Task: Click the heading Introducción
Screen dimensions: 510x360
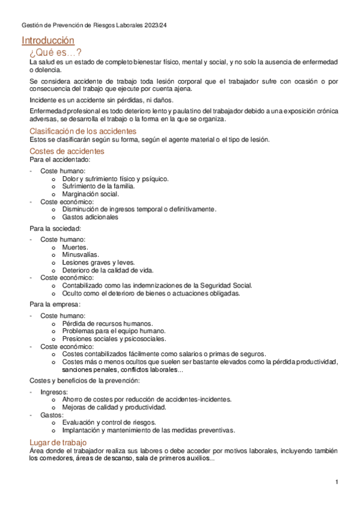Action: pos(47,40)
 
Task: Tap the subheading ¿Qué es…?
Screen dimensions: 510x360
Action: pos(59,52)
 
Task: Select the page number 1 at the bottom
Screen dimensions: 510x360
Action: pos(337,482)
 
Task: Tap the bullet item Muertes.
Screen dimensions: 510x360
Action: pos(75,247)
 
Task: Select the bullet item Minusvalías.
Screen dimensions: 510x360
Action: pos(81,255)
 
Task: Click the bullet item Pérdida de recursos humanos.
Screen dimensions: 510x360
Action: pos(107,324)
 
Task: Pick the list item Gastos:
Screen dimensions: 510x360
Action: pos(52,415)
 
